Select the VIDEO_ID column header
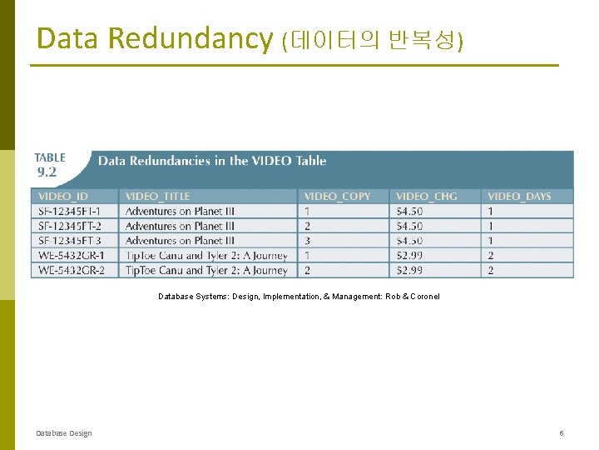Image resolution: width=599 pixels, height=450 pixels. (x=62, y=196)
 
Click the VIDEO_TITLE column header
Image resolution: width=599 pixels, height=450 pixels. (x=157, y=196)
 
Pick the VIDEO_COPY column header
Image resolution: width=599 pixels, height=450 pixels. (x=337, y=196)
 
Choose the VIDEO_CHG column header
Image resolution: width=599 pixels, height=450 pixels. (x=426, y=196)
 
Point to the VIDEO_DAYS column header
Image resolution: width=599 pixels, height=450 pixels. (x=519, y=196)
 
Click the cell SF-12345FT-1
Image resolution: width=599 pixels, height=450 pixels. (x=69, y=211)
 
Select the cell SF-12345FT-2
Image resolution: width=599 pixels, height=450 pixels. (x=69, y=226)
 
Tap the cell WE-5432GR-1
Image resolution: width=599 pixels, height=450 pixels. (x=71, y=256)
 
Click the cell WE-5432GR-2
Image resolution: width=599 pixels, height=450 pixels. (x=71, y=270)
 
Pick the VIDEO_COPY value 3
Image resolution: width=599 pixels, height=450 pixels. (x=308, y=241)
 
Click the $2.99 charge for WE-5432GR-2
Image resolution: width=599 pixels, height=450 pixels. (x=409, y=270)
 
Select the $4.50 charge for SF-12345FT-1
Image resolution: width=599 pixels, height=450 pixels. (x=409, y=211)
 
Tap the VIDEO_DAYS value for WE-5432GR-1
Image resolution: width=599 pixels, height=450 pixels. (x=491, y=256)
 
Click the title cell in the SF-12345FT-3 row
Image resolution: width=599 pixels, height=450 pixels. (x=180, y=241)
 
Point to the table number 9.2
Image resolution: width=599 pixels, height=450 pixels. (x=47, y=172)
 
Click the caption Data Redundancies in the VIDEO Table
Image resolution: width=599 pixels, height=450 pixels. (x=212, y=161)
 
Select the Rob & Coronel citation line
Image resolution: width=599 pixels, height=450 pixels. (x=299, y=297)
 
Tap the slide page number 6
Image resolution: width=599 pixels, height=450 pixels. (x=562, y=433)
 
